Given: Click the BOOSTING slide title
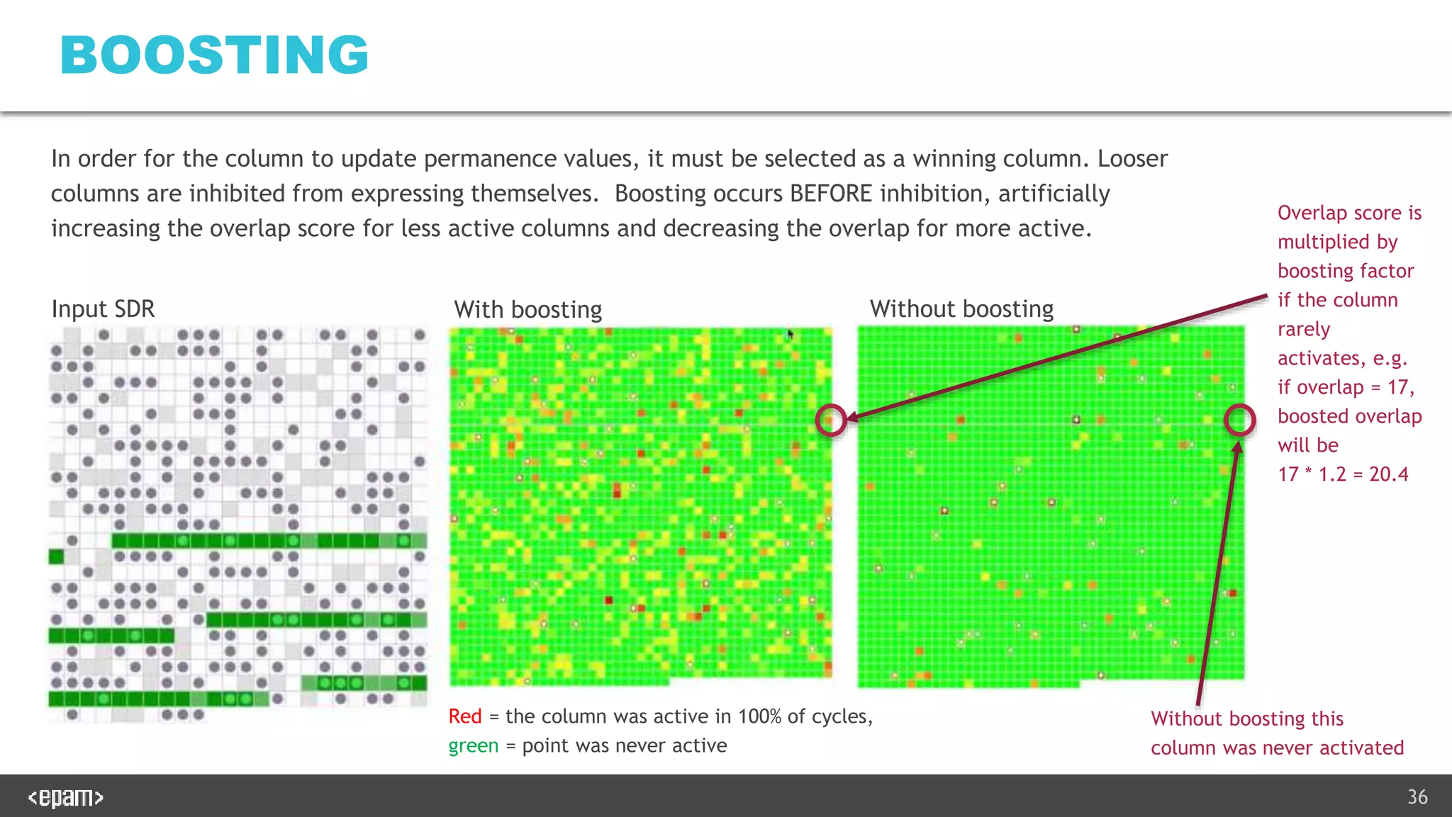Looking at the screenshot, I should [214, 55].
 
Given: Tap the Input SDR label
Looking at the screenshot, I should [103, 309].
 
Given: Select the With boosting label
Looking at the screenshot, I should [527, 310].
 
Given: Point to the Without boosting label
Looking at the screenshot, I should [961, 309].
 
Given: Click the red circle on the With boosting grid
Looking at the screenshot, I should [831, 420].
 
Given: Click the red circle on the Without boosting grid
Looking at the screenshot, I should [1239, 420].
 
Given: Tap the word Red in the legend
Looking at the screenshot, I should [465, 716].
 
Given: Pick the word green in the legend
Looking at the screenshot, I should [473, 746].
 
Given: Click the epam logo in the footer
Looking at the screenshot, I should [65, 798].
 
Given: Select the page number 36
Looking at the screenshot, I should [1417, 797].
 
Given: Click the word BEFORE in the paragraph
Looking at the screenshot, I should [831, 194].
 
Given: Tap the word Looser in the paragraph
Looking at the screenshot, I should [1132, 159].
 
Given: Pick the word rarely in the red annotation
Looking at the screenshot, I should [1303, 329].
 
